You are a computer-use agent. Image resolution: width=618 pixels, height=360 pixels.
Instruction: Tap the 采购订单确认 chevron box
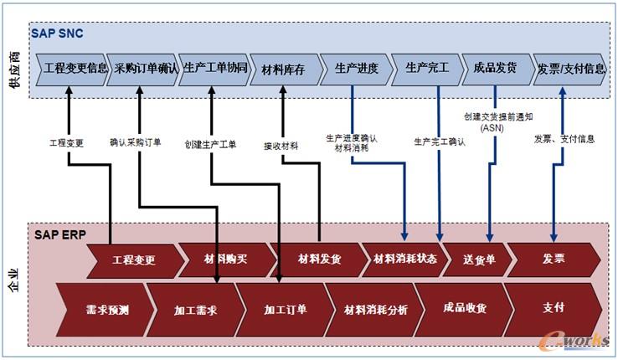coord(145,69)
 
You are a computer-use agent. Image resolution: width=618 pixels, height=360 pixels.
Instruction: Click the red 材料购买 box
coord(226,260)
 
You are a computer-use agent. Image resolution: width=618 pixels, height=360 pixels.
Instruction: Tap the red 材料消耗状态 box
coord(405,260)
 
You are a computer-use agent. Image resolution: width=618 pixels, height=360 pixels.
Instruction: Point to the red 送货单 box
coord(479,260)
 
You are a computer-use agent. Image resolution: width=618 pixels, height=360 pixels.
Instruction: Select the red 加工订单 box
coord(286,309)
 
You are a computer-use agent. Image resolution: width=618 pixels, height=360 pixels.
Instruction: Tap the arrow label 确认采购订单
coord(135,143)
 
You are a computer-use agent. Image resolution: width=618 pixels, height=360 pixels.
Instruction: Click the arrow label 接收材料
coord(281,145)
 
